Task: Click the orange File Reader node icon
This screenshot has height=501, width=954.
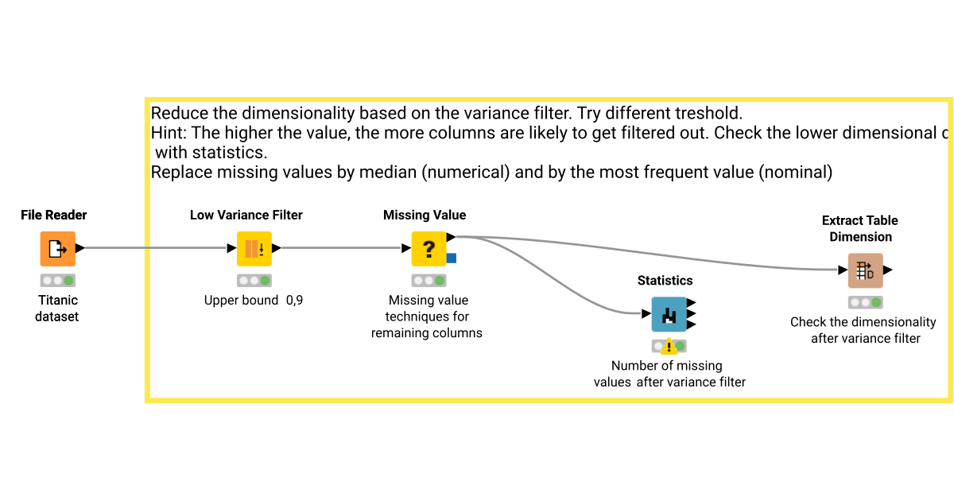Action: tap(57, 249)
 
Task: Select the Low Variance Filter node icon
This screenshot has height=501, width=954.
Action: tap(254, 249)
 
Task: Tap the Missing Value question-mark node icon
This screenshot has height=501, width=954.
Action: tap(429, 249)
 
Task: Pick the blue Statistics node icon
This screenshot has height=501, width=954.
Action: tap(669, 314)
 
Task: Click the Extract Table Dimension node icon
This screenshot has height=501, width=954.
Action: tap(865, 270)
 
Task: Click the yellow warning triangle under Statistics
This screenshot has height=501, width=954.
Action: tap(669, 347)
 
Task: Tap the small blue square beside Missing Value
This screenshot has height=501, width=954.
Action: tap(451, 258)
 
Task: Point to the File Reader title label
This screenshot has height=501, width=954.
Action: tap(54, 215)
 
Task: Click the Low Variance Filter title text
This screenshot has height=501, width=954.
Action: tap(246, 215)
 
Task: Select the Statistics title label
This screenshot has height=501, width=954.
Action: tap(665, 281)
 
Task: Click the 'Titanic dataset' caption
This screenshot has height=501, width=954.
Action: tap(57, 309)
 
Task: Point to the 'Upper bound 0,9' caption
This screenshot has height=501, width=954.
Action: tap(254, 301)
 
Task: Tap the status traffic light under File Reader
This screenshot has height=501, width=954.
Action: tap(58, 281)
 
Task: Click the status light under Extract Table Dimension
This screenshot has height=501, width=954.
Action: tap(866, 302)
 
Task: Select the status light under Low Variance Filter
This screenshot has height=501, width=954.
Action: tap(254, 281)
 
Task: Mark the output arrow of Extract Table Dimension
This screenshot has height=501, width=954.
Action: tap(888, 270)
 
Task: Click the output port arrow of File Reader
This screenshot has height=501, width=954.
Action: tap(80, 248)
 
